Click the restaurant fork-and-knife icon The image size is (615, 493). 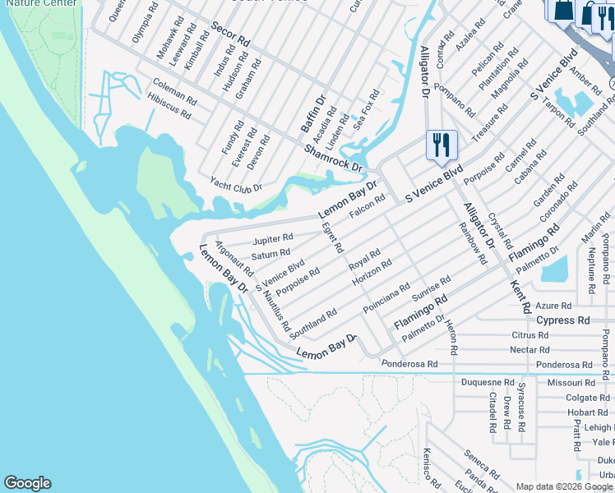442,145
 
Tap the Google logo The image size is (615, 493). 28,483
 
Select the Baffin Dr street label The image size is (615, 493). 313,113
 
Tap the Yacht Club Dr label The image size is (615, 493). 236,183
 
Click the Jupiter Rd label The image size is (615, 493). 273,238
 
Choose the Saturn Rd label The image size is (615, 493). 271,254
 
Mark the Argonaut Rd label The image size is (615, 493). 234,257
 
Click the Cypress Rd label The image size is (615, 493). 563,320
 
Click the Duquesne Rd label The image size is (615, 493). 488,383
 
